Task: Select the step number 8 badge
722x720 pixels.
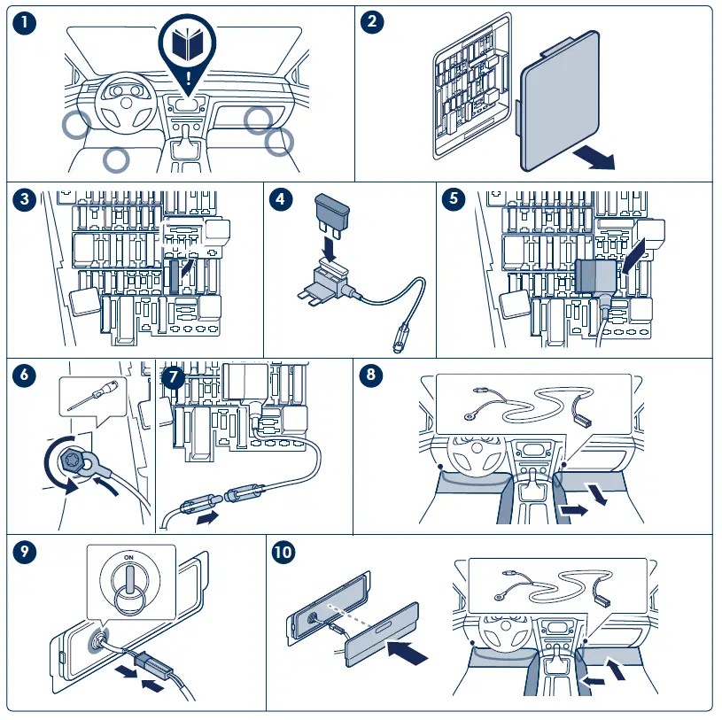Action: click(x=372, y=375)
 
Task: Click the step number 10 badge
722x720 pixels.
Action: click(x=284, y=553)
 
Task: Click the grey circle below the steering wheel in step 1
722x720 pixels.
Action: click(x=115, y=159)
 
